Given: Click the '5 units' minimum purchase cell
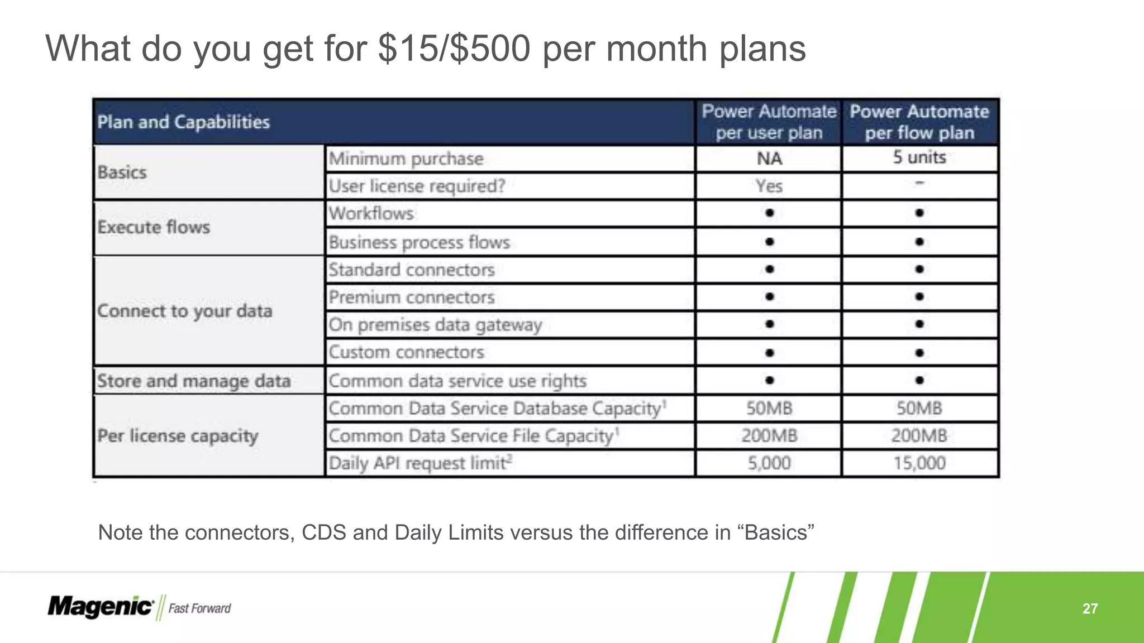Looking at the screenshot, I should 919,157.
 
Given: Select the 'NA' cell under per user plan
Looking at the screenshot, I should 769,159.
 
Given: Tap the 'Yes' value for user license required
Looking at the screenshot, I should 769,186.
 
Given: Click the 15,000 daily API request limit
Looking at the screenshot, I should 919,463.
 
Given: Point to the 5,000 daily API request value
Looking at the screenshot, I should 769,463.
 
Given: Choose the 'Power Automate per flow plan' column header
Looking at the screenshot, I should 919,122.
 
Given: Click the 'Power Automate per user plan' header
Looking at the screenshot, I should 769,122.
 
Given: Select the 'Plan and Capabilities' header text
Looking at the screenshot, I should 183,122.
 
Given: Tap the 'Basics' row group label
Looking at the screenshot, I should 122,172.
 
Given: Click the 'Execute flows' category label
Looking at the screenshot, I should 154,227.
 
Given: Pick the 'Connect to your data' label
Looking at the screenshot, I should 184,311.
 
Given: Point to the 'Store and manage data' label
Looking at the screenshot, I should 193,381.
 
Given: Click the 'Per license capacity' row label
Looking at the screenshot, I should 178,435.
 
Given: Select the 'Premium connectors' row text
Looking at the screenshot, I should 411,297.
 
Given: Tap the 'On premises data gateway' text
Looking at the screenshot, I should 435,324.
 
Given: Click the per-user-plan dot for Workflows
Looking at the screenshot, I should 769,213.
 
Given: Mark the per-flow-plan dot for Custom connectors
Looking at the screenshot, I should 919,352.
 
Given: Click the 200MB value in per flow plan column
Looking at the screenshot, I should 919,435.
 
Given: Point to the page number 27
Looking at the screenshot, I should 1090,608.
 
